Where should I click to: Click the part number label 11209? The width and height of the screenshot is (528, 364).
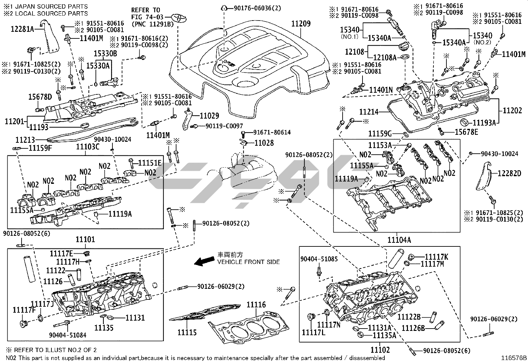[301, 24]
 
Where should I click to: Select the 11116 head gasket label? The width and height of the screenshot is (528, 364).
[256, 305]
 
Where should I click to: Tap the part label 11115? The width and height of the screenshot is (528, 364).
[187, 333]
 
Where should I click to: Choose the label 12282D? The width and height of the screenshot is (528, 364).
[509, 173]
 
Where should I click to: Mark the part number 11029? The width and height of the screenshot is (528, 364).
[209, 116]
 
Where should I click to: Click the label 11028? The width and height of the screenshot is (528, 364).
[264, 143]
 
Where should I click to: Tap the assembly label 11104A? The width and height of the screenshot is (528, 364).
[399, 239]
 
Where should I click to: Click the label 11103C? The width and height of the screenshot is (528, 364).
[88, 147]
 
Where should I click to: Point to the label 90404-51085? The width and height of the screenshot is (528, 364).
[319, 259]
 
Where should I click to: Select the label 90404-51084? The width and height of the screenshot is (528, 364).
[68, 335]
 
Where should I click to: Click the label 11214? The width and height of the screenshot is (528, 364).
[369, 112]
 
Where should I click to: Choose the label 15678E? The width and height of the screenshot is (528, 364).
[466, 132]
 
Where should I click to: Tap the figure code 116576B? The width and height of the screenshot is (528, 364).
[514, 358]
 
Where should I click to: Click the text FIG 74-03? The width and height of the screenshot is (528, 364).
[146, 17]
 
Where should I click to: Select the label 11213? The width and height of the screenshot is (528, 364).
[25, 140]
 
